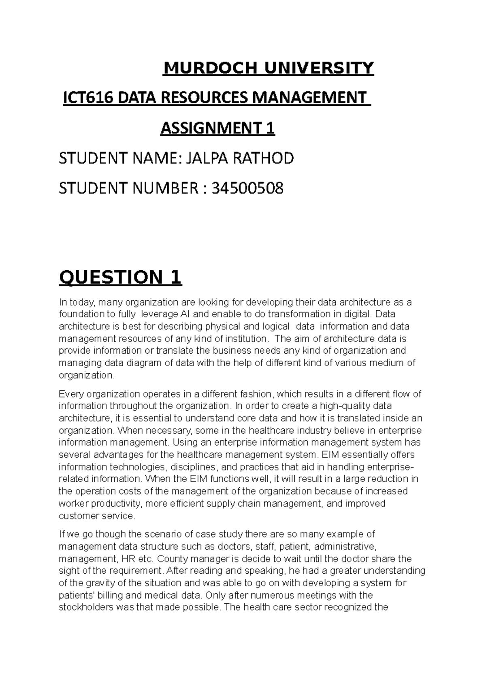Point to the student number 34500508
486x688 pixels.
(247, 188)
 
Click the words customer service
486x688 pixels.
(96, 516)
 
